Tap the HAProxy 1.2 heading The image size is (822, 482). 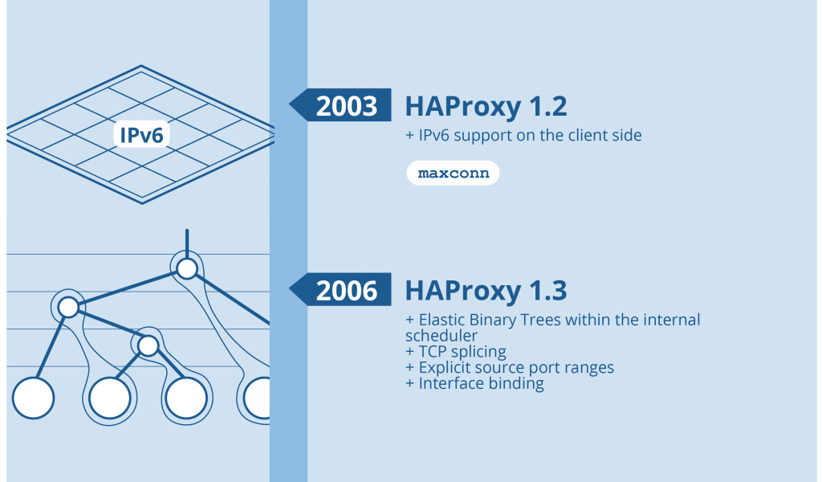tap(486, 106)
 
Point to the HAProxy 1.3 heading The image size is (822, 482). tap(486, 290)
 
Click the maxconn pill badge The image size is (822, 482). tap(453, 174)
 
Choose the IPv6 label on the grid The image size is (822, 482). tap(141, 135)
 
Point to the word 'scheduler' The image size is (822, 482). tap(442, 335)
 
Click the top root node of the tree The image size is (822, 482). tap(186, 268)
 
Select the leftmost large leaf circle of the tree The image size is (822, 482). tap(33, 398)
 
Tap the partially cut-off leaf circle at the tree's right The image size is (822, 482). tap(258, 398)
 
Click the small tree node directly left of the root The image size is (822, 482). tap(67, 307)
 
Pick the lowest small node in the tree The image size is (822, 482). tap(148, 345)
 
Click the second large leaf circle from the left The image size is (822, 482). tap(109, 398)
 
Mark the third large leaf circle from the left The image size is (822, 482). tap(186, 398)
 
